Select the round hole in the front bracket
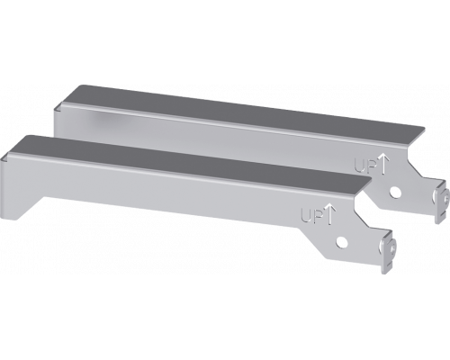pos(343,240)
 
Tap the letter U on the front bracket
pos(304,215)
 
